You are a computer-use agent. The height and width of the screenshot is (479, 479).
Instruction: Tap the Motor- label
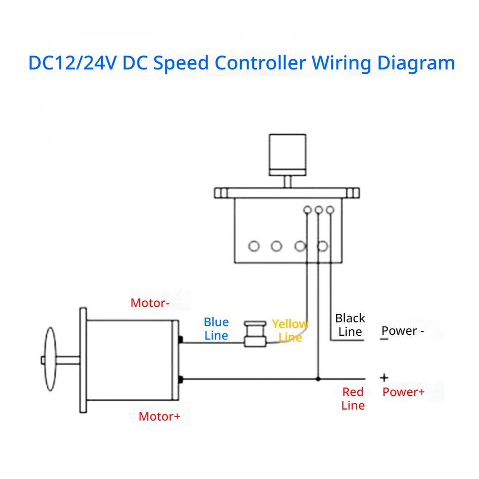[x=149, y=303]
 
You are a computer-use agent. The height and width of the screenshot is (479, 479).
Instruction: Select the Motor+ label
[x=160, y=416]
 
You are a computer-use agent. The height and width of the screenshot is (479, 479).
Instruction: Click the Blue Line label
[x=217, y=329]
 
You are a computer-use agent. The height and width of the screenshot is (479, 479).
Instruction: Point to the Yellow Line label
[x=290, y=331]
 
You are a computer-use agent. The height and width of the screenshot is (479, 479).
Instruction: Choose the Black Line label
[x=350, y=325]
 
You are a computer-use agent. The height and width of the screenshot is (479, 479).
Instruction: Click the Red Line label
[x=353, y=399]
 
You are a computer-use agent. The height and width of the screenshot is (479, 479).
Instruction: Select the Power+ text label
[x=403, y=392]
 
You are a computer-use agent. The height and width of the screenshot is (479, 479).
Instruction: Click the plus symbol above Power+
[x=384, y=378]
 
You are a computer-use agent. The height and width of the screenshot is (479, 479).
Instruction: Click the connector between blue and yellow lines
[x=255, y=334]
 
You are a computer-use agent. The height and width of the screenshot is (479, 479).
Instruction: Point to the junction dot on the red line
[x=318, y=379]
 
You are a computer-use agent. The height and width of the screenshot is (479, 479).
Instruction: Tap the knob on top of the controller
[x=287, y=155]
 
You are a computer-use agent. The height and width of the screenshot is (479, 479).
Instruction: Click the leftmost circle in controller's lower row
[x=254, y=246]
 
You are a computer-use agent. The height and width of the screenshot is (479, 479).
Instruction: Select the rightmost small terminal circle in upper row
[x=330, y=210]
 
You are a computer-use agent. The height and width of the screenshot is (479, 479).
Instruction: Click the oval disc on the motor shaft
[x=50, y=359]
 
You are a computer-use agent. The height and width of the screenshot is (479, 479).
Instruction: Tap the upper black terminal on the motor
[x=181, y=340]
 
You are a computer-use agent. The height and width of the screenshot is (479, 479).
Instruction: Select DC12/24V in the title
[x=72, y=63]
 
